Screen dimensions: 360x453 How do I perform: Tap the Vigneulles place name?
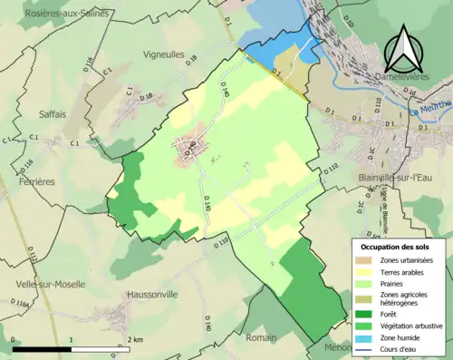[164, 54]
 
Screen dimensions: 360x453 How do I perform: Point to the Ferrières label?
[34, 181]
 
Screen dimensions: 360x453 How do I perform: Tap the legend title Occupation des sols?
[397, 247]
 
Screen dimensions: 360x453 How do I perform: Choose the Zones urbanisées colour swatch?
[367, 260]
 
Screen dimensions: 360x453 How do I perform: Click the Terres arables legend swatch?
[367, 273]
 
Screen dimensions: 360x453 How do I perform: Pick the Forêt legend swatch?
[367, 315]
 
